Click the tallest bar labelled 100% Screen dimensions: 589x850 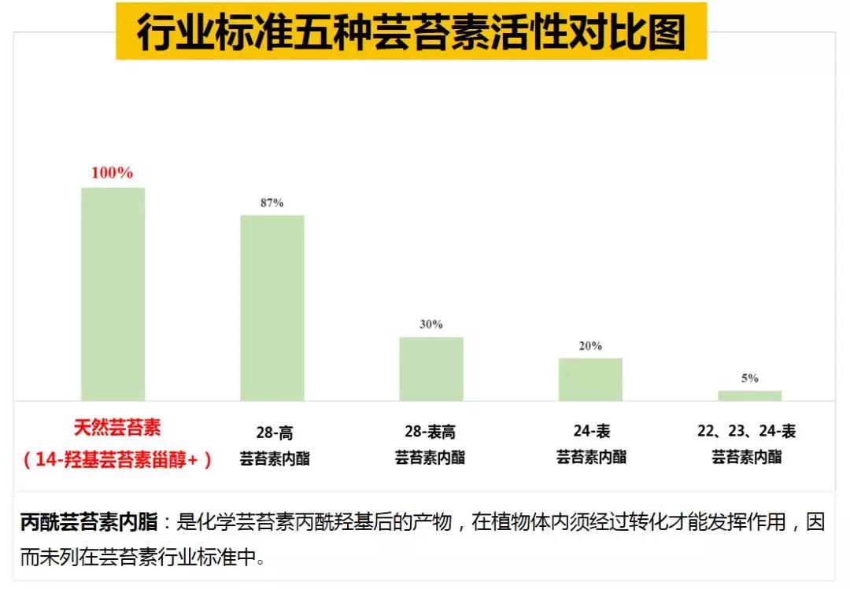coord(113,294)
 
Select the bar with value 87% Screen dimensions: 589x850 coord(272,307)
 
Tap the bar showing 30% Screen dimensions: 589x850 coord(431,369)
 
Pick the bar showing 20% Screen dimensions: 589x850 coord(590,379)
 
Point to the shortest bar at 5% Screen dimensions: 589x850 coord(749,396)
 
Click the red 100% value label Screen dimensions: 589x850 coord(113,173)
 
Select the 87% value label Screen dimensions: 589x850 coord(272,203)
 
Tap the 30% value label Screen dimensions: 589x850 coord(431,324)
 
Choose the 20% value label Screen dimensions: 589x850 coord(590,346)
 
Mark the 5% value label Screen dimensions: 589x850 coord(749,378)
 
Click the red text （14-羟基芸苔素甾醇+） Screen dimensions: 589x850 coord(117,460)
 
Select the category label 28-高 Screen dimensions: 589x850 coord(274,433)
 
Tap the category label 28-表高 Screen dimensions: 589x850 coord(430,432)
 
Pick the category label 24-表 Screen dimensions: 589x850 coord(592,431)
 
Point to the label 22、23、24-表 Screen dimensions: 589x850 coord(746,431)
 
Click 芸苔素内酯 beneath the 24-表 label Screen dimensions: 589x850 coord(592,457)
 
